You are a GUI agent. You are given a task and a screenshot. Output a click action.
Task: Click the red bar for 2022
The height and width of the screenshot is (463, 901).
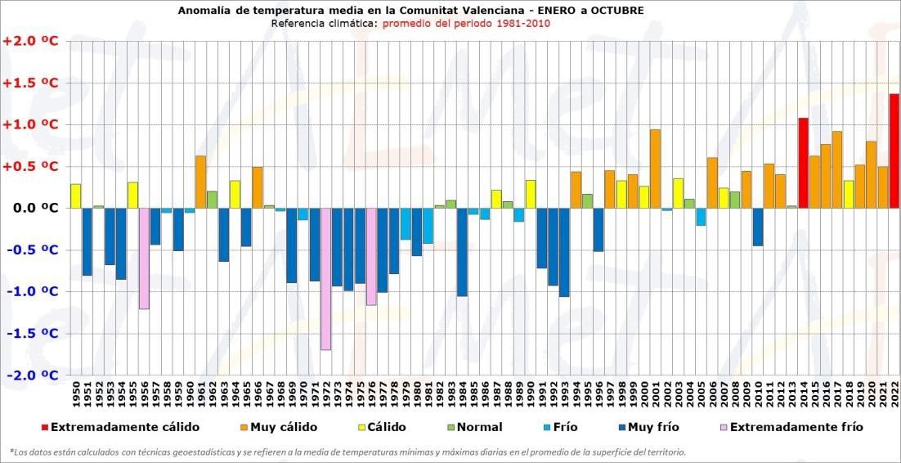(x=894, y=151)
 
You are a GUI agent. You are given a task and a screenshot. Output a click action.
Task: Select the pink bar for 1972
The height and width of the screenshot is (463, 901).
(x=326, y=279)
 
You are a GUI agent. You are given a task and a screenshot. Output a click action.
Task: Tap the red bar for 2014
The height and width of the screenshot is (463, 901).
(x=803, y=163)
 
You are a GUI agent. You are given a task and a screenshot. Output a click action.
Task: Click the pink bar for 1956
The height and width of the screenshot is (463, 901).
(x=144, y=258)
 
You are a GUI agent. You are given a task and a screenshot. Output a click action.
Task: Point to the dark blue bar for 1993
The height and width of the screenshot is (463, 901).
(x=564, y=252)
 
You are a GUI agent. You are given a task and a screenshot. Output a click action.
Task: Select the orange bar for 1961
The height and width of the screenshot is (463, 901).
(x=200, y=182)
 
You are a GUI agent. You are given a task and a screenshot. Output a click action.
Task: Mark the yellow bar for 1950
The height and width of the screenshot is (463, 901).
(x=75, y=196)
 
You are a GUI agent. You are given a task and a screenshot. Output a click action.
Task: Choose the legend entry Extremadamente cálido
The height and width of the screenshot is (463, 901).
(x=123, y=427)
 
